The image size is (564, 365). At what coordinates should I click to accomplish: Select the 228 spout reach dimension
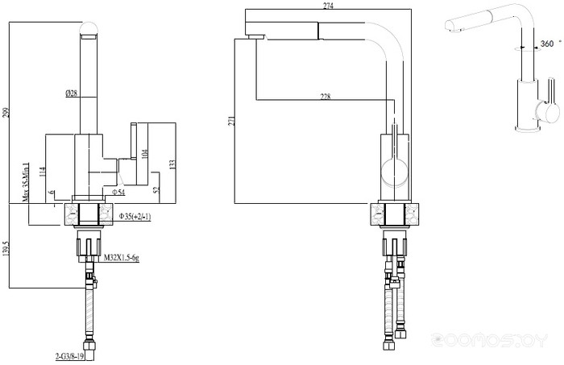coord(326,97)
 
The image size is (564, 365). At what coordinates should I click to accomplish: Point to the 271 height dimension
coord(231,121)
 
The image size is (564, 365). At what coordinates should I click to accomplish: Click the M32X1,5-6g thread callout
coord(122,257)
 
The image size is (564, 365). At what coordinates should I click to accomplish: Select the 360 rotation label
coord(548,44)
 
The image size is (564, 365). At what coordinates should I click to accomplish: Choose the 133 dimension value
coord(172,164)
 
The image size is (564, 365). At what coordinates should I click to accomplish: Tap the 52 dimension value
coord(156,190)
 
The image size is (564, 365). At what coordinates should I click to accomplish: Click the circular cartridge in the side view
coord(394,172)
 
